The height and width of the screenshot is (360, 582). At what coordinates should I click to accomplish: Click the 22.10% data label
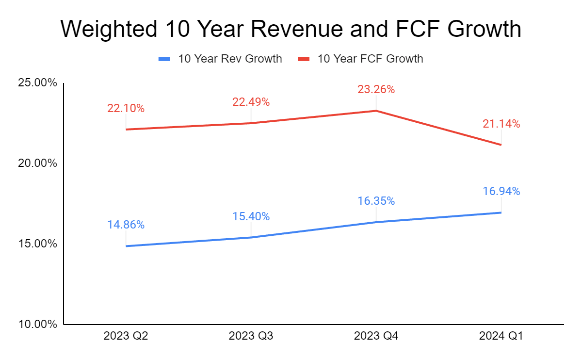[126, 109]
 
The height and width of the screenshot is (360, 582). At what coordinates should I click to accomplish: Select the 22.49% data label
[251, 102]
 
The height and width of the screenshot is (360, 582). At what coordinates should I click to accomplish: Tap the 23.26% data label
[376, 89]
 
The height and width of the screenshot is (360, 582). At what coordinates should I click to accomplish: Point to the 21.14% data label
[501, 124]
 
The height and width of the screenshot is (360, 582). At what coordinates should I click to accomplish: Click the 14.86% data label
[126, 225]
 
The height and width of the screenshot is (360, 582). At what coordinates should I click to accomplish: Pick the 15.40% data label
[251, 217]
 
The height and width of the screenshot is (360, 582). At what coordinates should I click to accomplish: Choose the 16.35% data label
[376, 201]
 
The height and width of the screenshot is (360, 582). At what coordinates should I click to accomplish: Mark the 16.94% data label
[501, 192]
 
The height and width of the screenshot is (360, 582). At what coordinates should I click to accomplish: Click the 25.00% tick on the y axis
[37, 83]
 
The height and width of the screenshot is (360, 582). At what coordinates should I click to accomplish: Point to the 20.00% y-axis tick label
[37, 164]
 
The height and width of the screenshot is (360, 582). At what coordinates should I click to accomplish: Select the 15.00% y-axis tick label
[37, 244]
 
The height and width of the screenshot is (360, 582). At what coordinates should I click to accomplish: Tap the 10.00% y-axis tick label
[37, 324]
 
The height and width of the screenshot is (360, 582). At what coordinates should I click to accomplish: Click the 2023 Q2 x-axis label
[126, 336]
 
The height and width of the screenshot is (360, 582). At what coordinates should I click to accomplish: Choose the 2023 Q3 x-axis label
[251, 336]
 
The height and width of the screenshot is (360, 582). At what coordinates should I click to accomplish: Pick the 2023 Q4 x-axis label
[376, 336]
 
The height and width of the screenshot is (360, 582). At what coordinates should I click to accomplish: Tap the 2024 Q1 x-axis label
[501, 336]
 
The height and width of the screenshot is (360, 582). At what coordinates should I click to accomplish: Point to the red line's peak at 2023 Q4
[376, 111]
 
